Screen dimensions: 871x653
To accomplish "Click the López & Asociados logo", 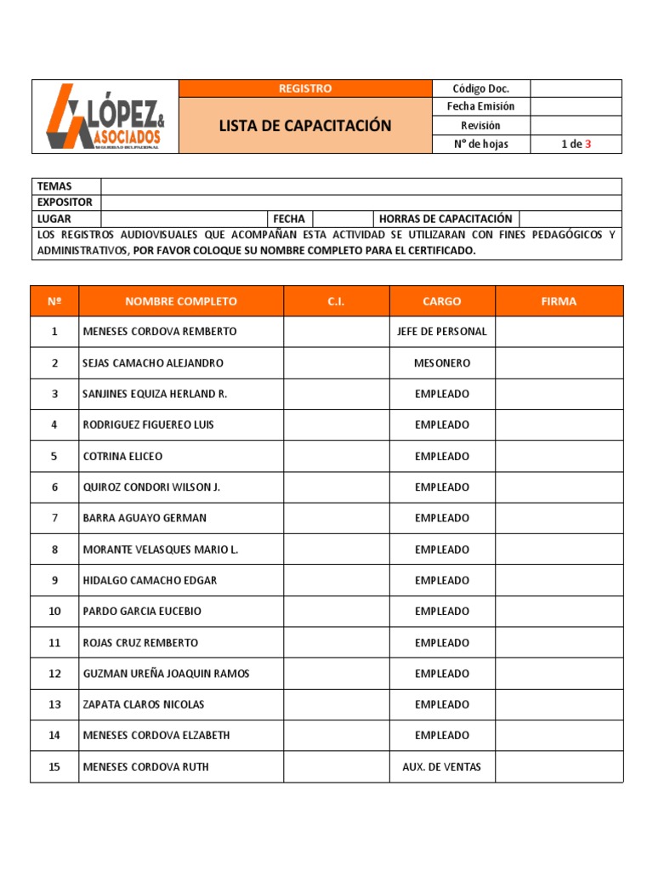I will (105, 117).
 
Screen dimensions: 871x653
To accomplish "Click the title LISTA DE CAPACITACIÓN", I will (305, 126).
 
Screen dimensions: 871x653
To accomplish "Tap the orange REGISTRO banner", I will (305, 88).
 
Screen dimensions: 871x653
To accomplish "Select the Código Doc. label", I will (480, 88).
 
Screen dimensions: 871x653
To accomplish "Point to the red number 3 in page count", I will (588, 145).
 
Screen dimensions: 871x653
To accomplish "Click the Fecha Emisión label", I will (480, 107).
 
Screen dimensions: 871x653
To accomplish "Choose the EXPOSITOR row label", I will (65, 202).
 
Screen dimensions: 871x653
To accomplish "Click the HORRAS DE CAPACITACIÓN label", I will (446, 219).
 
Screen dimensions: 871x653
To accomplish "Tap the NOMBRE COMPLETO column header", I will (181, 301).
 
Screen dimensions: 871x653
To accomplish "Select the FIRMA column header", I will (559, 301).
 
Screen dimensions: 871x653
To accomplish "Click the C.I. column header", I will (336, 301).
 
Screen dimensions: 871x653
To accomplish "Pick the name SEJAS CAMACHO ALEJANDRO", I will (153, 363).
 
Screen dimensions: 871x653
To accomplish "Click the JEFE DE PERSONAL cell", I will (442, 332).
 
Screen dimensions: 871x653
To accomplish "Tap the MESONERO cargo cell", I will (442, 363).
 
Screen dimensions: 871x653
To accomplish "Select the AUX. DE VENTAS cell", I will (442, 767).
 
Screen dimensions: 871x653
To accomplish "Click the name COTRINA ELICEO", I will (122, 457).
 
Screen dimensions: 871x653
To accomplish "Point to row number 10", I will (54, 612).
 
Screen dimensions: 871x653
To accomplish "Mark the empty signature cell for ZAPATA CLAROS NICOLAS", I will (559, 705).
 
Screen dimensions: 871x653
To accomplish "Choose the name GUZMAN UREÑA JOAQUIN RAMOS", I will (166, 674).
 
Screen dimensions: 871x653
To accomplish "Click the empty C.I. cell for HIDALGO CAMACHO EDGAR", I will (336, 581).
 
